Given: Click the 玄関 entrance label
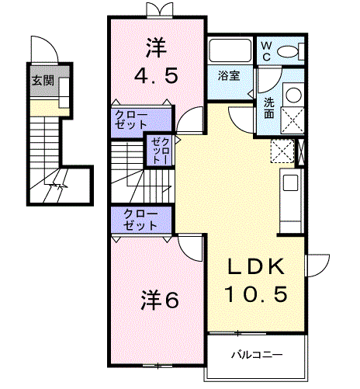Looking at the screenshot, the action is [43, 81].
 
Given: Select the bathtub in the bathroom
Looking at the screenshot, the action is [230, 50].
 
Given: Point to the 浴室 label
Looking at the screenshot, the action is [229, 75].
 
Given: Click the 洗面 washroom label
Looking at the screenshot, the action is [269, 108].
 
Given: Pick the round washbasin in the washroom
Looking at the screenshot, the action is [294, 95].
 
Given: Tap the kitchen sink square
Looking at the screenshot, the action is [290, 182].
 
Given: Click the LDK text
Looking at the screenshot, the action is [256, 266].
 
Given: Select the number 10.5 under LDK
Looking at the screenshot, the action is [256, 293].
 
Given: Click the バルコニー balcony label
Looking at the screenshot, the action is [257, 355].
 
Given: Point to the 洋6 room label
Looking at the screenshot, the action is [160, 300].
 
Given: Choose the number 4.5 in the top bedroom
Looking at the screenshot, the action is [156, 75].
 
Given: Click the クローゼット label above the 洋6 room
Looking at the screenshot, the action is [140, 220].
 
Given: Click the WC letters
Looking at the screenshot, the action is [266, 51].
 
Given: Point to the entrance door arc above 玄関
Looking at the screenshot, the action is [49, 44].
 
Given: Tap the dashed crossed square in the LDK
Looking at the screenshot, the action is [282, 151].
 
